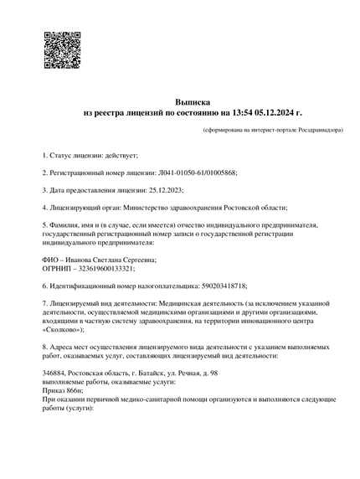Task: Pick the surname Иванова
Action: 77,260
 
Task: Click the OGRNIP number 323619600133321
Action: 104,269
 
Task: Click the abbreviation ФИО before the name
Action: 50,260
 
